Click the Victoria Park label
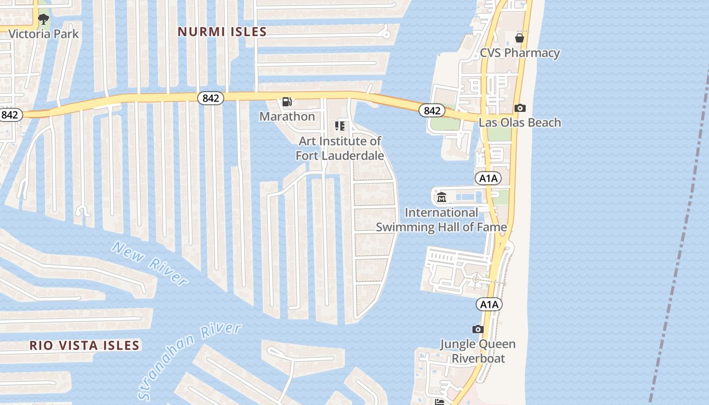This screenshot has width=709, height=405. pyautogui.click(x=44, y=34)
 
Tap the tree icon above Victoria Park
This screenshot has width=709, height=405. pyautogui.click(x=44, y=20)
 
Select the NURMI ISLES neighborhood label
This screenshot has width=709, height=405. pyautogui.click(x=222, y=32)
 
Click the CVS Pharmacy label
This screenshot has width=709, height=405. pyautogui.click(x=520, y=53)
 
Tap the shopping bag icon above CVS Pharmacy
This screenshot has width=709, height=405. pyautogui.click(x=520, y=37)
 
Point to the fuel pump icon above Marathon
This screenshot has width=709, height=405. pyautogui.click(x=287, y=102)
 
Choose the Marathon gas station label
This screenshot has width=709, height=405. pyautogui.click(x=287, y=116)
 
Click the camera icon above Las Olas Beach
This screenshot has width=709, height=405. pyautogui.click(x=520, y=108)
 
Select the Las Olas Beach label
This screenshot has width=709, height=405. pyautogui.click(x=520, y=123)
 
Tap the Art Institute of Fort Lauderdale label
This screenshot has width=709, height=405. pyautogui.click(x=340, y=148)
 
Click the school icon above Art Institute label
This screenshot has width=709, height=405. pyautogui.click(x=340, y=126)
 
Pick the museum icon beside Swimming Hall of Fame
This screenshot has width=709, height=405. pyautogui.click(x=442, y=197)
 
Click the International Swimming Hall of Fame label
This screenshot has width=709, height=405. pyautogui.click(x=441, y=220)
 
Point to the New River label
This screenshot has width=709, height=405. pyautogui.click(x=150, y=263)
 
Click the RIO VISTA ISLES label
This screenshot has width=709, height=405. pyautogui.click(x=84, y=346)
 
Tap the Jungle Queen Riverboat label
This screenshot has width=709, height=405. pyautogui.click(x=478, y=351)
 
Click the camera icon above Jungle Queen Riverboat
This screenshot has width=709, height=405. pyautogui.click(x=478, y=330)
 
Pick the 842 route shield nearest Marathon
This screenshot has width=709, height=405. pyautogui.click(x=210, y=98)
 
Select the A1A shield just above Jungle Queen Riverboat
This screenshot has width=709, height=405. pyautogui.click(x=489, y=304)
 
